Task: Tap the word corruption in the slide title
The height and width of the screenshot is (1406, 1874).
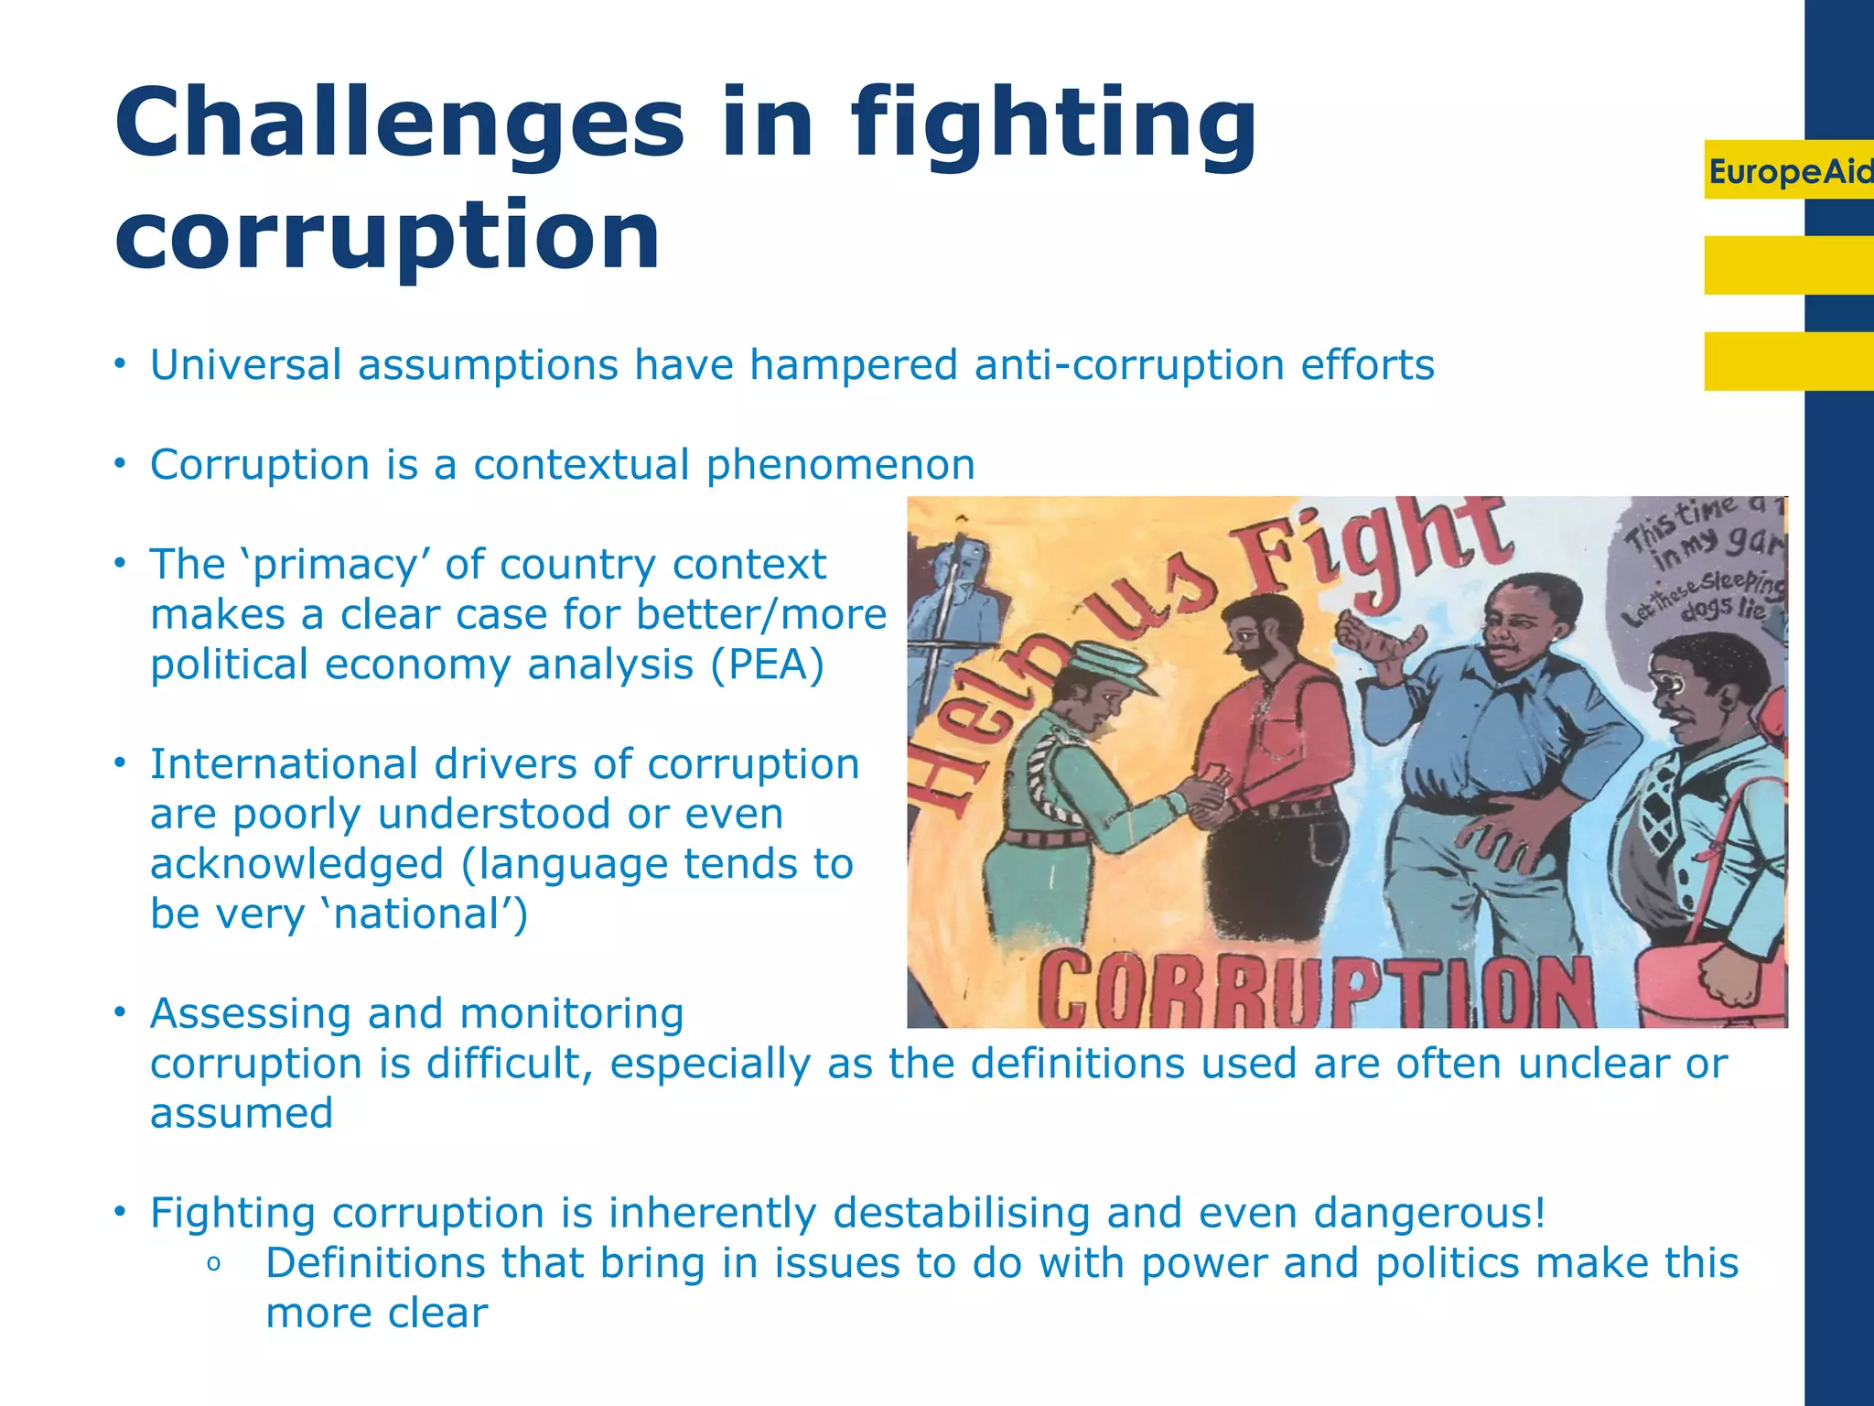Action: coord(387,235)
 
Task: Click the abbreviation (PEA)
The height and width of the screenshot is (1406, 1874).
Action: coord(767,665)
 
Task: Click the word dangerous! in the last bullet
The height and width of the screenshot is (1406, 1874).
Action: coord(1429,1214)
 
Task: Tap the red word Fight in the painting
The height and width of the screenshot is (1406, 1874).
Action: coord(1373,558)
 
